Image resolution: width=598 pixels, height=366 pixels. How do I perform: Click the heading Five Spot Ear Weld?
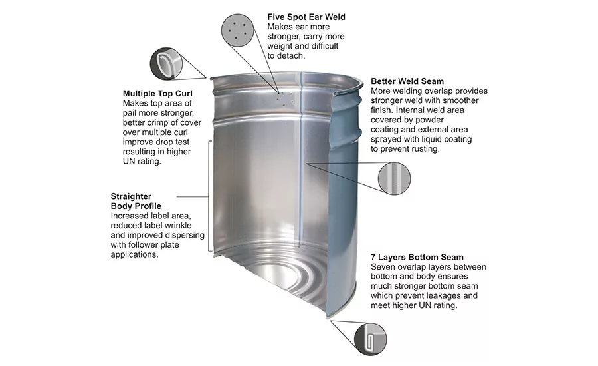(x=306, y=17)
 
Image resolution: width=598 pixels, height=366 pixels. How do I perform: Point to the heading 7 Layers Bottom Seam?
(x=417, y=257)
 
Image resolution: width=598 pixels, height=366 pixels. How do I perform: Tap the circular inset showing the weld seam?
(x=393, y=179)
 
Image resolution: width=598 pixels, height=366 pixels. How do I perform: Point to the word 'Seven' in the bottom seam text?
(x=383, y=267)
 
